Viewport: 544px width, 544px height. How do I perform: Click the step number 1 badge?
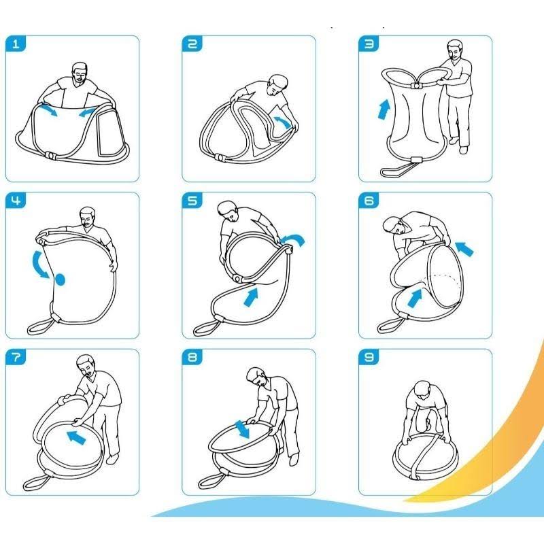click(x=16, y=44)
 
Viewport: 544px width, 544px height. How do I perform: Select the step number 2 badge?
click(x=192, y=44)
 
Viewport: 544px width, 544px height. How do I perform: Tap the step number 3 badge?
click(x=369, y=44)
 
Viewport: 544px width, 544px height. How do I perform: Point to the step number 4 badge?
click(x=16, y=201)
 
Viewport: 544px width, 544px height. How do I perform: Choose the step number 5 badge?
click(x=192, y=201)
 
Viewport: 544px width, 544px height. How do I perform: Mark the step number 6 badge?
click(x=369, y=201)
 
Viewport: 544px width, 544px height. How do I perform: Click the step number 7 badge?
click(x=16, y=358)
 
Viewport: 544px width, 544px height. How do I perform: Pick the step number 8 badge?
click(x=192, y=358)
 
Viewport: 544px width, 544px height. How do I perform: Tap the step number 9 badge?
click(x=369, y=358)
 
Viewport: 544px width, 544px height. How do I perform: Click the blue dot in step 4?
click(x=61, y=279)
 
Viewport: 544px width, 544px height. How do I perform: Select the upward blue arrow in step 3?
click(x=384, y=109)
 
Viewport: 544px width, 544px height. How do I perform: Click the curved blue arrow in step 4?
click(x=37, y=265)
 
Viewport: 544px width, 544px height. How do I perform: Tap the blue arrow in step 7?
click(x=76, y=437)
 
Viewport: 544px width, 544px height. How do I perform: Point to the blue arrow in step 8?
click(x=242, y=429)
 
